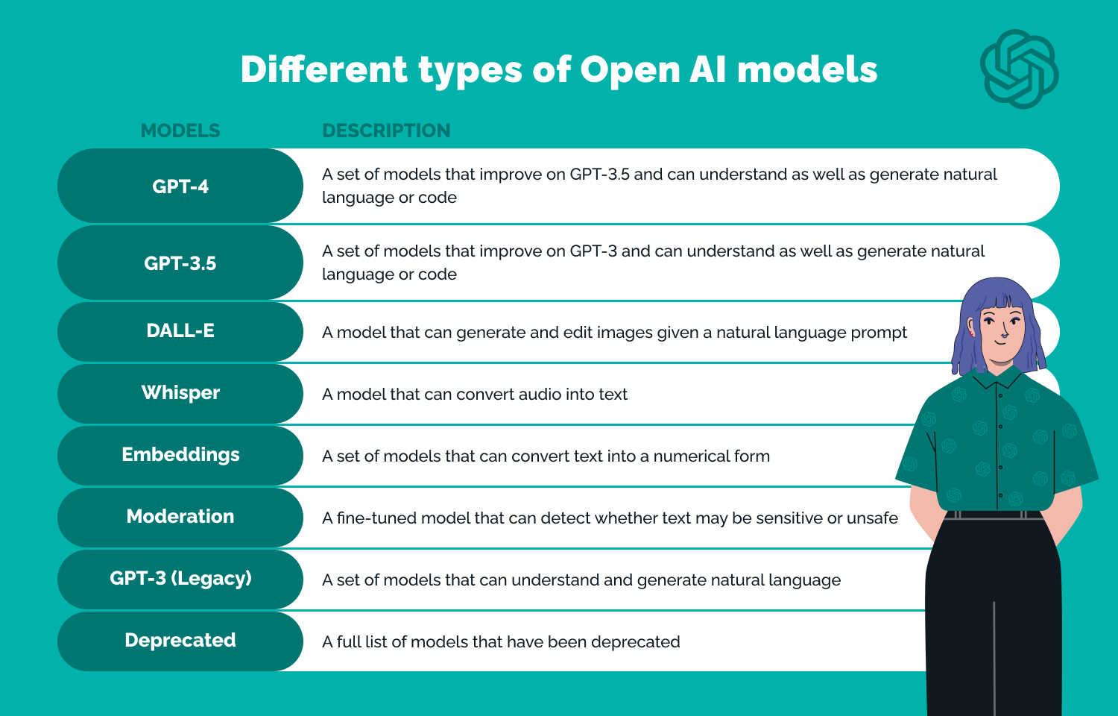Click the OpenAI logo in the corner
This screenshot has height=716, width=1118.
[1019, 69]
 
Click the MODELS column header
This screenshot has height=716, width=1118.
[180, 131]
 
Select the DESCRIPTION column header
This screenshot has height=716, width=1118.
[386, 131]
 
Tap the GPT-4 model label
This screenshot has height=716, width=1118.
[180, 186]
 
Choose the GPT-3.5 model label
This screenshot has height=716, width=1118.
[180, 263]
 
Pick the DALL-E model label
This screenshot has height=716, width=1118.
[180, 330]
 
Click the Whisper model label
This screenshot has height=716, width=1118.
[180, 392]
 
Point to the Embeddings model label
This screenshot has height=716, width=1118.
[180, 454]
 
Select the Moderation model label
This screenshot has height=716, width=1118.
[180, 516]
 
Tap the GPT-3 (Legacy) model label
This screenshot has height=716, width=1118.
[180, 578]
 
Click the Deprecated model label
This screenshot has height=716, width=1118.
[180, 640]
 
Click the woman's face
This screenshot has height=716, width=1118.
[1001, 328]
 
